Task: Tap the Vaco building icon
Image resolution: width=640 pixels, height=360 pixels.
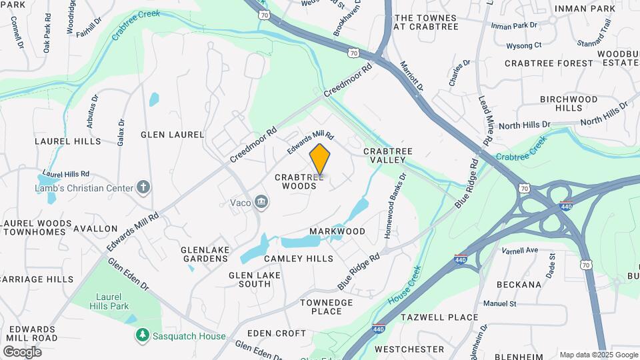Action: tap(262, 201)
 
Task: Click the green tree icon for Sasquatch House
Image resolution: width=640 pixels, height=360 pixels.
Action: tap(141, 336)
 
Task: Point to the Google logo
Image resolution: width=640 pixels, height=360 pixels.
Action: tap(22, 351)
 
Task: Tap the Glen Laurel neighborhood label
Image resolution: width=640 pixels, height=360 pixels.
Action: tap(172, 134)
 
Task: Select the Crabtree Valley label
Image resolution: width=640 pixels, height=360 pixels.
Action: tap(385, 156)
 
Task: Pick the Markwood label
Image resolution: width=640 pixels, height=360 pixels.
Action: tap(337, 231)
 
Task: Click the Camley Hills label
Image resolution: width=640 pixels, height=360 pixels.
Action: tap(298, 258)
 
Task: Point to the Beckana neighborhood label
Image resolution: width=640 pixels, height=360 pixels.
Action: tap(519, 284)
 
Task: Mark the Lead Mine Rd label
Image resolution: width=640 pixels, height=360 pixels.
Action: tap(485, 121)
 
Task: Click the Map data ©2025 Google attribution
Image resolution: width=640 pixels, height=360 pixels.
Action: tap(598, 355)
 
